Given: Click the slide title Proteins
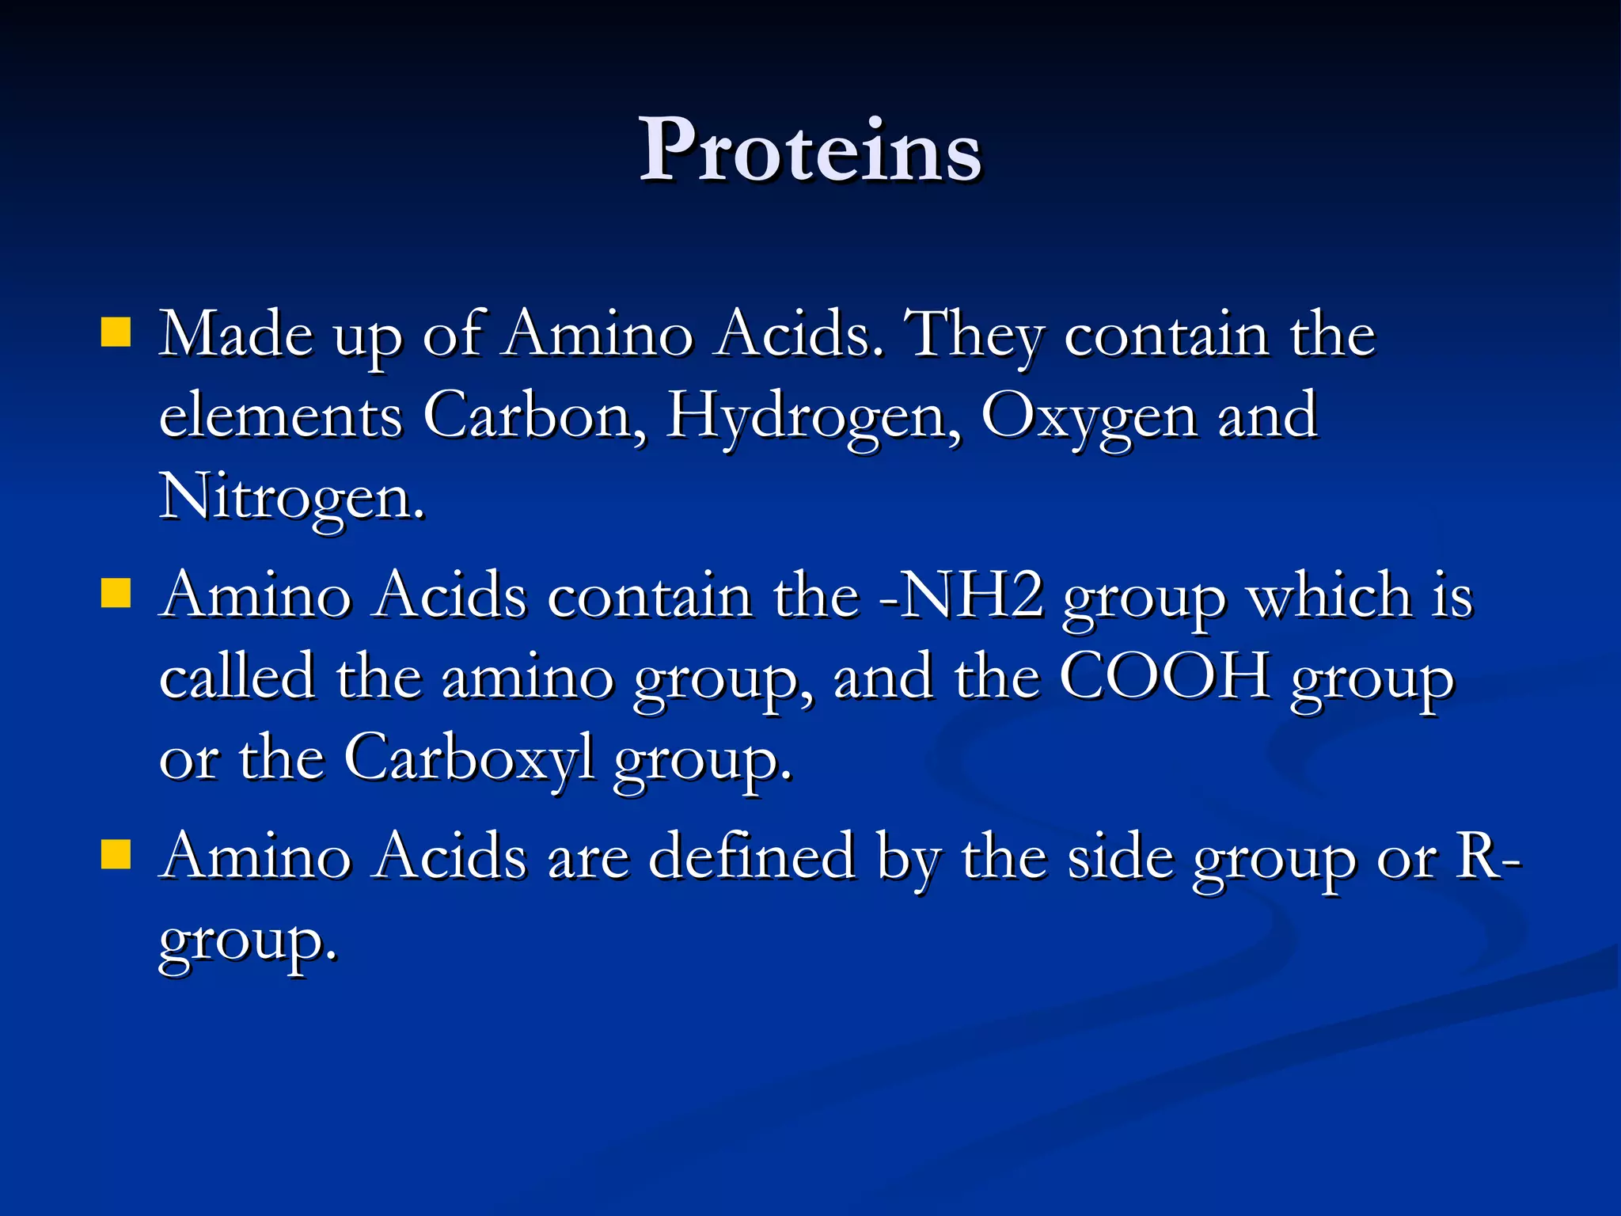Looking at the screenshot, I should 810,150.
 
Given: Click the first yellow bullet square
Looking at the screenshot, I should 116,332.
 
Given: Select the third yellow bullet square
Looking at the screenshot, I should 116,854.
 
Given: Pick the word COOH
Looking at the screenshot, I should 1164,677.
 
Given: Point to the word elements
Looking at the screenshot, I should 280,415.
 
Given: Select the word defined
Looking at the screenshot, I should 751,856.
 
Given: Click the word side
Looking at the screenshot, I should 1120,856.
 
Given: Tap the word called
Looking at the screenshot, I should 237,677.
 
